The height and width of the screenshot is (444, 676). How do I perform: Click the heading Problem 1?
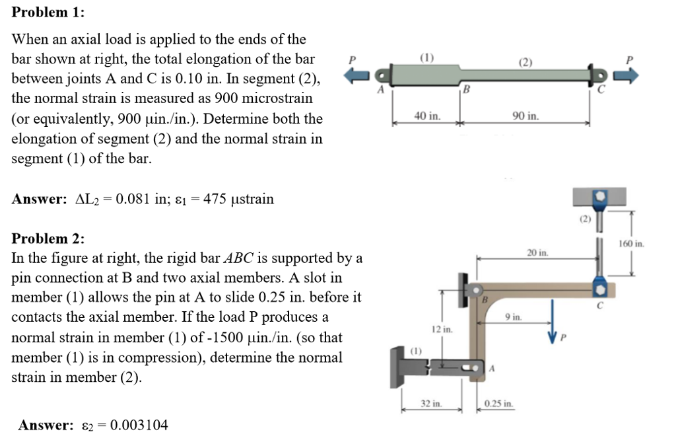click(x=48, y=13)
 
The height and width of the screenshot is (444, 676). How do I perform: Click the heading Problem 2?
click(x=48, y=239)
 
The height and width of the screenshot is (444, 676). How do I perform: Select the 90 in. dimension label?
click(x=525, y=116)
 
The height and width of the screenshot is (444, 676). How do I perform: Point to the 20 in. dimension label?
click(x=537, y=252)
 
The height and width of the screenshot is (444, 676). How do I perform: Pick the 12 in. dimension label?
click(x=441, y=328)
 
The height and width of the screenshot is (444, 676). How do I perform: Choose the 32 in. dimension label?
click(x=432, y=403)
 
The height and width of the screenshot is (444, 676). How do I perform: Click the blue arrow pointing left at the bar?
click(x=356, y=77)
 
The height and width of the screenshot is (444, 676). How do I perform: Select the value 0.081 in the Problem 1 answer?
click(x=131, y=199)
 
